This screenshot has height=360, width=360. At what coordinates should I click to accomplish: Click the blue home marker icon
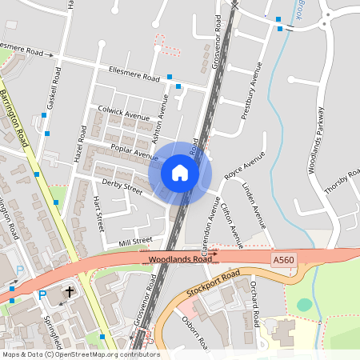point(180,172)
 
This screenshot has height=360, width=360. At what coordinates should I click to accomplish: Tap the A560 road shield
point(283,260)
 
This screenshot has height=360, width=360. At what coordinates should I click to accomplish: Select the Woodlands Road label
point(180,260)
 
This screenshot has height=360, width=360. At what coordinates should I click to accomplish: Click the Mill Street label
point(134,241)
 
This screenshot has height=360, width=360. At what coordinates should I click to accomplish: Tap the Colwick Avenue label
point(124,116)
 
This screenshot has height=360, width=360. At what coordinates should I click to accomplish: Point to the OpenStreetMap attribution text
point(80,354)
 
